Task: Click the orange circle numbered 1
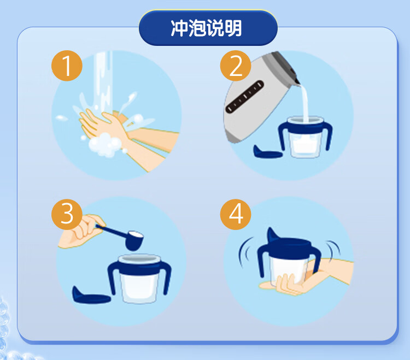67,66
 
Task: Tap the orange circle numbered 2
236,66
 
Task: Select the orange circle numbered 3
67,215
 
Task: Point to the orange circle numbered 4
236,215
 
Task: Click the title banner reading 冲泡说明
208,28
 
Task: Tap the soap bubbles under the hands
104,145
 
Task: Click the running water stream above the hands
104,81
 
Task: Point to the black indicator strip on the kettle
245,97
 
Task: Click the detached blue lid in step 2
267,152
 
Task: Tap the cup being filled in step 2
305,137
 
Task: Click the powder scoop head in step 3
134,240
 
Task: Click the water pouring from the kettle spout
304,103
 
